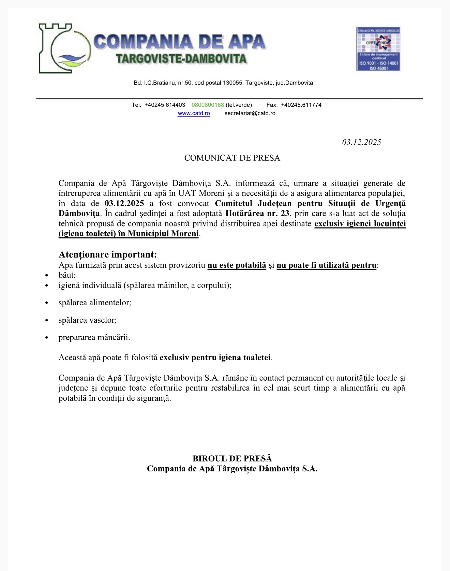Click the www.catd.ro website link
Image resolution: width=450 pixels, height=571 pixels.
coord(194,113)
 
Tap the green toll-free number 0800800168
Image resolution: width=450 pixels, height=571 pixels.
coord(208,105)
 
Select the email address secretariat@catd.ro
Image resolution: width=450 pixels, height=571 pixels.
coord(250,113)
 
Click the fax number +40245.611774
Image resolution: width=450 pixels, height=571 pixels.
coord(301,105)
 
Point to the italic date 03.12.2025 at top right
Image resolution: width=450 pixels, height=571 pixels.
coord(361,142)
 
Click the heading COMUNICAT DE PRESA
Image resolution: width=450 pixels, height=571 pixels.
coord(232,158)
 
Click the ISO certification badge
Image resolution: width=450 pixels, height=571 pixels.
coord(378,49)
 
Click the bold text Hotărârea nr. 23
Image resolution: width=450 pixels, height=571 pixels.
coord(257,214)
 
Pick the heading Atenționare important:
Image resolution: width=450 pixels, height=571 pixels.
coord(108,254)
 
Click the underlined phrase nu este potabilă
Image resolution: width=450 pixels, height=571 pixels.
coord(237,265)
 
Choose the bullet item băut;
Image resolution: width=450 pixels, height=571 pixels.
coord(67,275)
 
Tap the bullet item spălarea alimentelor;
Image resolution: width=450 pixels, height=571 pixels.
coord(95,303)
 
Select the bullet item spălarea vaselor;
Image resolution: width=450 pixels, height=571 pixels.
coord(88,320)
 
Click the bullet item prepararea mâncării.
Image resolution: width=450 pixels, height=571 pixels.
coord(94,337)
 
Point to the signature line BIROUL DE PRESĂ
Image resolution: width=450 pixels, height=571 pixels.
coord(232,458)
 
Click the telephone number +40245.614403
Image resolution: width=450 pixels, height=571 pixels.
coord(165,105)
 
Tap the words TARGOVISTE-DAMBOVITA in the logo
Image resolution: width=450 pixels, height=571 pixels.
coord(181,59)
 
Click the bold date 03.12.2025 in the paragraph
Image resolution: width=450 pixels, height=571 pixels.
coord(124,203)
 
